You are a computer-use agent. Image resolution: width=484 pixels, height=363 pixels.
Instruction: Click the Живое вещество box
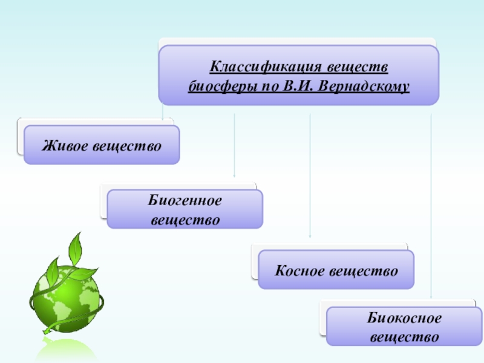102,145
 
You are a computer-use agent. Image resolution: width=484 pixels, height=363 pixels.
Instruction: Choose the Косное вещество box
336,270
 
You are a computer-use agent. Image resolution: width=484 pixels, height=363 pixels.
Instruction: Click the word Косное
300,270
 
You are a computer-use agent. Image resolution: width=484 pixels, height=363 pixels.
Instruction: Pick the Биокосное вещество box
404,327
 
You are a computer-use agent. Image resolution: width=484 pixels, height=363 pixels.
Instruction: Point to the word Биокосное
404,318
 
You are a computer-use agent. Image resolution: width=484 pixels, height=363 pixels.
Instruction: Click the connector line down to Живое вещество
163,112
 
